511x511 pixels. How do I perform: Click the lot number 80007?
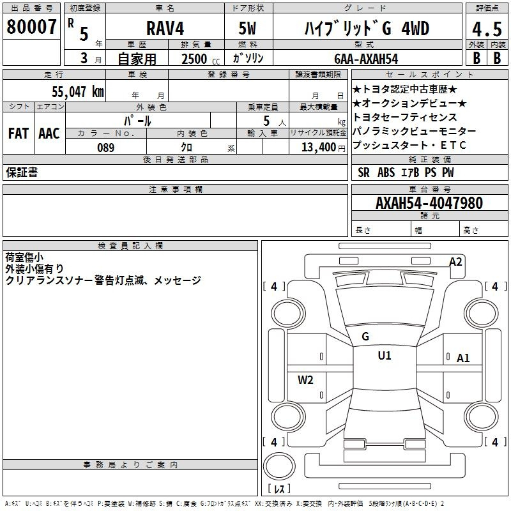tap(31, 27)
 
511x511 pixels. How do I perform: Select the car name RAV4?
tap(165, 28)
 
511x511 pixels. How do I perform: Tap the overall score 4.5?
tap(487, 29)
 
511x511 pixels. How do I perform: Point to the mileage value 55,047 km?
tap(78, 91)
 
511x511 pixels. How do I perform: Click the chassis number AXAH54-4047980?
tap(429, 203)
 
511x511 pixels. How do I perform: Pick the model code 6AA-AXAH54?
tap(366, 59)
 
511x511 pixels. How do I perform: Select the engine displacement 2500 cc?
tap(201, 59)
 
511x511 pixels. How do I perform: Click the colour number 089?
tap(106, 148)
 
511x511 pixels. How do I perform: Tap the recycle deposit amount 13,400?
tap(319, 148)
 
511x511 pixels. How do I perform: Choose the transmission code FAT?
tap(19, 133)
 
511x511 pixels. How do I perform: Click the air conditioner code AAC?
tap(49, 133)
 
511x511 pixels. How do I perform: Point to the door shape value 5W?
tap(247, 28)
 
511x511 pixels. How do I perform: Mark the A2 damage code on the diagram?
tap(455, 262)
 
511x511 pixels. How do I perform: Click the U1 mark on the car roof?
tap(385, 355)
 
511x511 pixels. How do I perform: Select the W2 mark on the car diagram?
tap(305, 379)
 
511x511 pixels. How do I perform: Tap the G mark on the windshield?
tap(365, 337)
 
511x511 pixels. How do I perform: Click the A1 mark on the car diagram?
tap(463, 358)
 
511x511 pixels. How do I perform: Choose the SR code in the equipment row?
tap(363, 172)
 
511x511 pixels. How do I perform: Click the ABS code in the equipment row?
tap(386, 172)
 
